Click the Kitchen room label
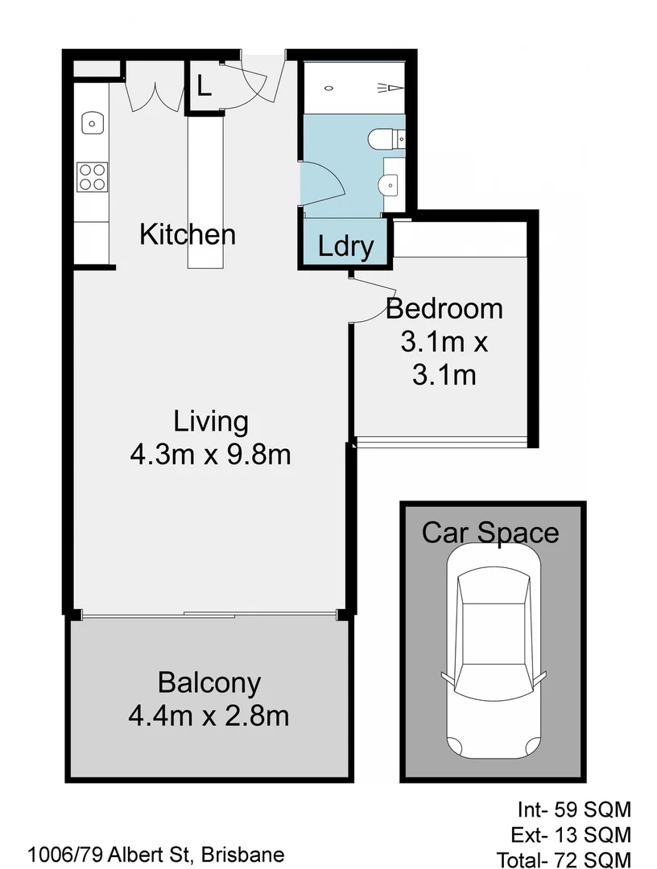pos(188,235)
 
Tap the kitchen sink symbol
pos(92,124)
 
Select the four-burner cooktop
pos(92,177)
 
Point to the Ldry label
pos(345,246)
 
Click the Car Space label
pos(490,533)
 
